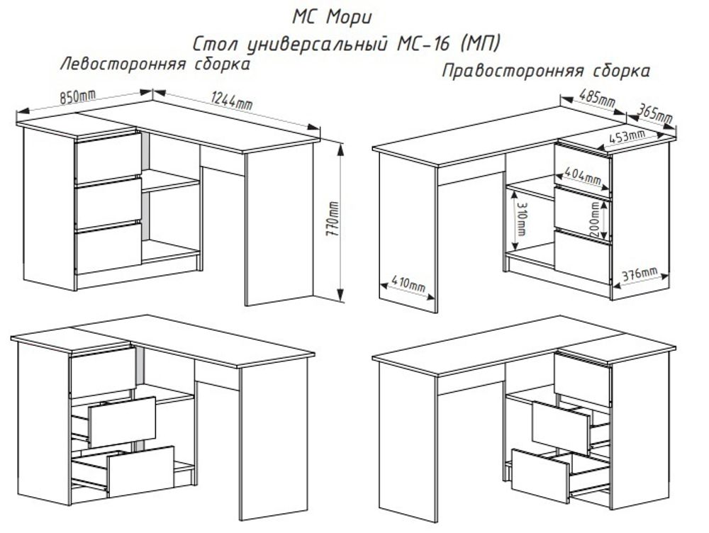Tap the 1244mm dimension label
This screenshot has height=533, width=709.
231,101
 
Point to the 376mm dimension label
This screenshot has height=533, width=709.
640,274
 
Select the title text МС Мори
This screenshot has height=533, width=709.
332,16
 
